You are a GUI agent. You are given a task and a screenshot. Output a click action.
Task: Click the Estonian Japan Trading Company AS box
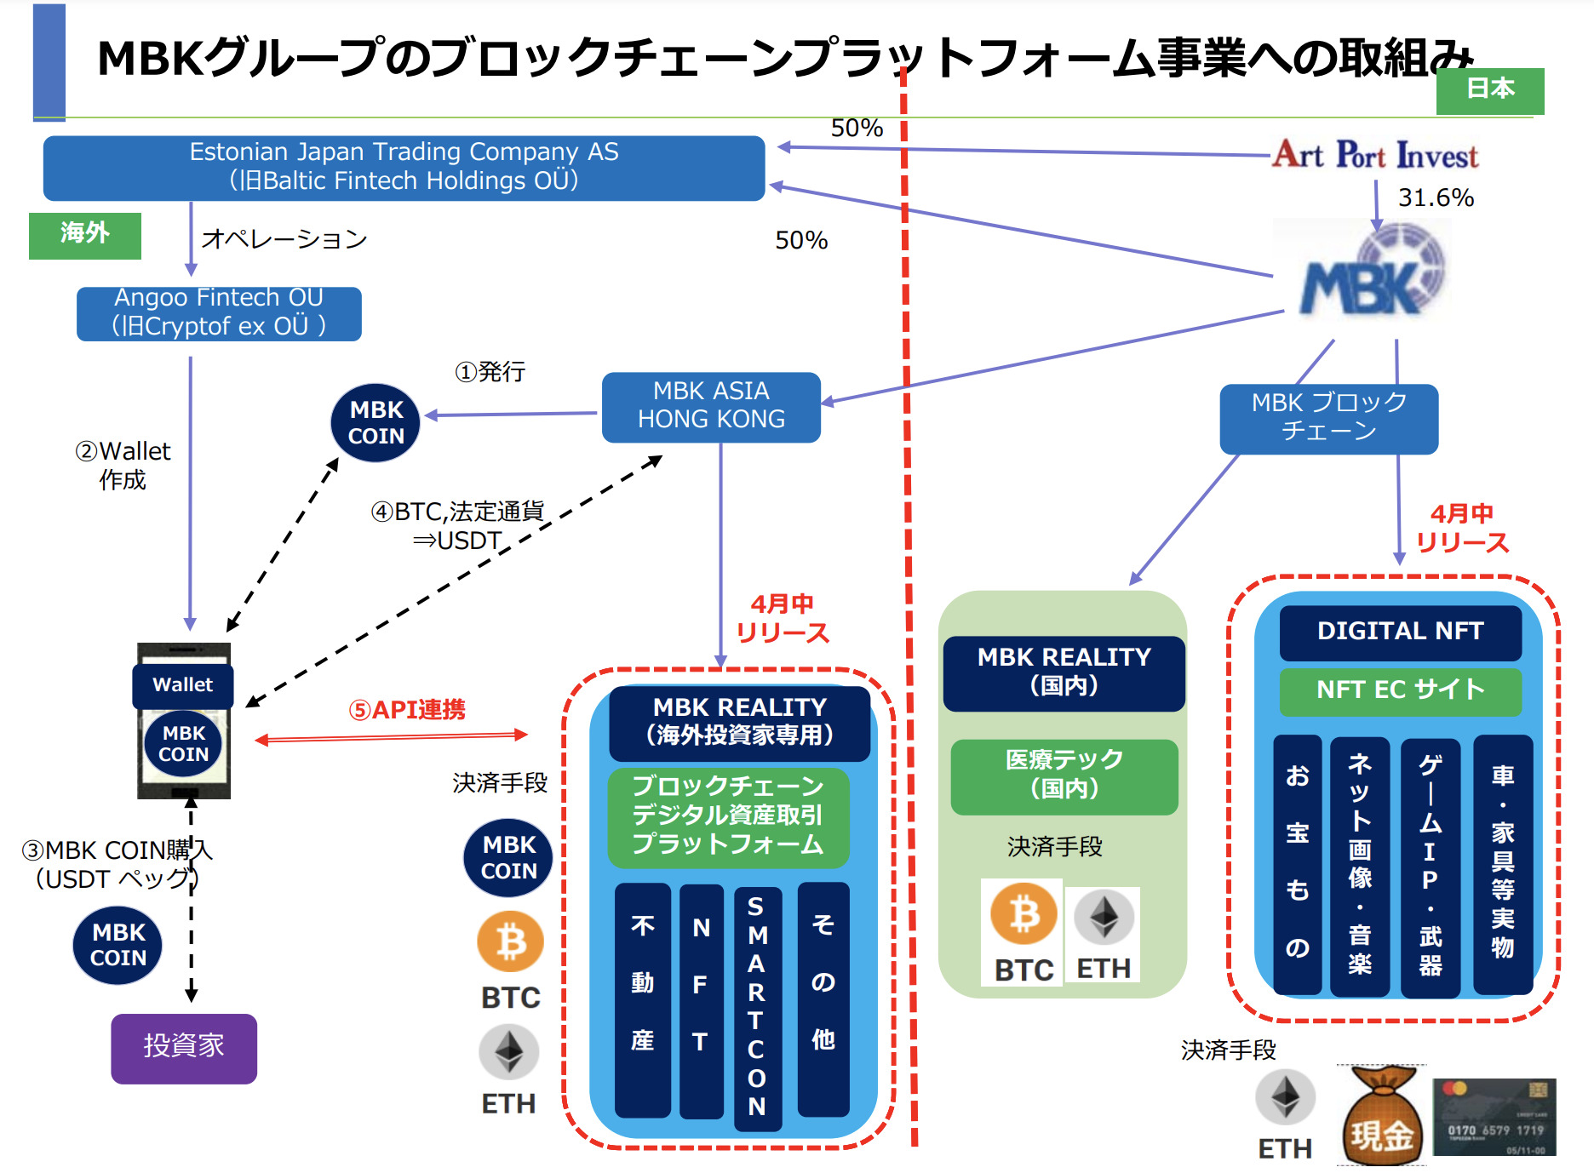click(x=404, y=168)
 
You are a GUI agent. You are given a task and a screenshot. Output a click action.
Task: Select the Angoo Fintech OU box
click(x=219, y=313)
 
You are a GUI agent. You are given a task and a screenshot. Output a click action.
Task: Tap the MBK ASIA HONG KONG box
click(x=711, y=406)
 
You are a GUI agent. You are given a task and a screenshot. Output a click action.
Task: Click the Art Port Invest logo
click(x=1374, y=156)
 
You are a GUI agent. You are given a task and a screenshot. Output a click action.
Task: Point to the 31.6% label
click(x=1436, y=197)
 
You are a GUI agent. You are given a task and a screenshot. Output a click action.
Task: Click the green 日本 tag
click(x=1489, y=89)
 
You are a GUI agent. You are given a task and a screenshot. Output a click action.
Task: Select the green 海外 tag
click(x=84, y=234)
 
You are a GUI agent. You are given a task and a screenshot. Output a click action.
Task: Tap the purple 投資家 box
click(x=183, y=1048)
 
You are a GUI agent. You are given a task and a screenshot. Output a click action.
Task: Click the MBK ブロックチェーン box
click(x=1328, y=417)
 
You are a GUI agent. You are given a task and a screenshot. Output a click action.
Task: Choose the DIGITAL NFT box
click(x=1400, y=632)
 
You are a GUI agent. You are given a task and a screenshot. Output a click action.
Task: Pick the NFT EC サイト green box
click(x=1400, y=690)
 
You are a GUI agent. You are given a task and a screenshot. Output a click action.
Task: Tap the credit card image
click(x=1494, y=1116)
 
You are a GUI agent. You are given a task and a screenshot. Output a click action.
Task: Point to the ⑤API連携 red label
click(x=407, y=710)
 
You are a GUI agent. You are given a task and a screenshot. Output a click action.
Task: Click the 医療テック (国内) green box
click(x=1064, y=775)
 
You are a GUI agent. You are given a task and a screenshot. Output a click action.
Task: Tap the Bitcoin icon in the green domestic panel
click(x=1023, y=915)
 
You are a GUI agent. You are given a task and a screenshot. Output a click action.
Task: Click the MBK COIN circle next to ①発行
click(x=376, y=423)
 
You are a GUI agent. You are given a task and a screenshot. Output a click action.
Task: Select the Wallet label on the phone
click(x=182, y=685)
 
